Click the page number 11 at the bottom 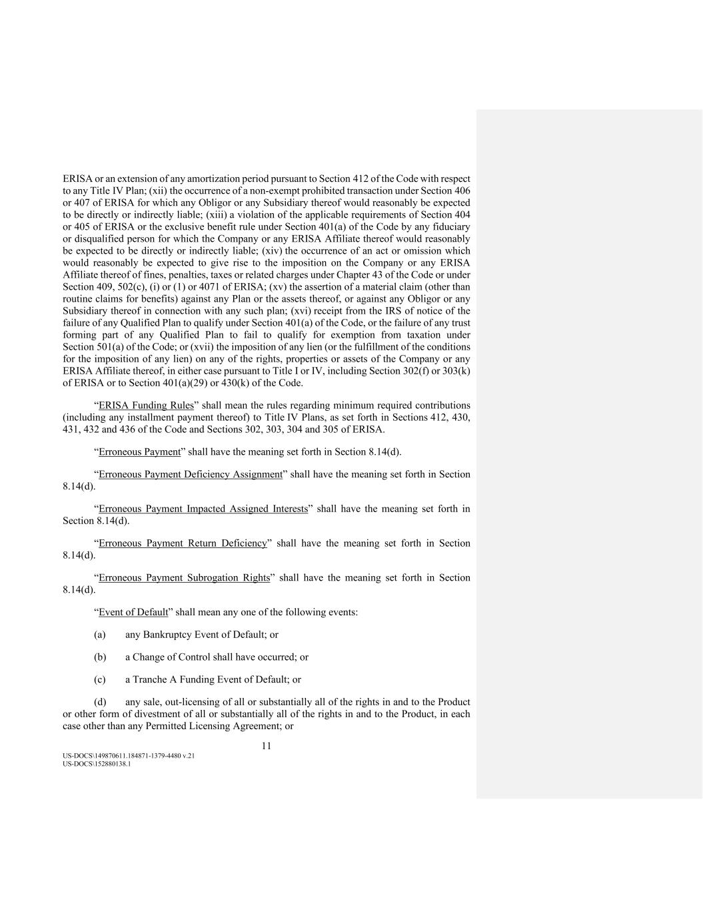(266, 746)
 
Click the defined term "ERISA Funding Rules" (146, 406)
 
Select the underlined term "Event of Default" (133, 612)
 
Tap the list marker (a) (100, 635)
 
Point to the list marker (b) (100, 657)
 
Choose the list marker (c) (100, 680)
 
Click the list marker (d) (100, 703)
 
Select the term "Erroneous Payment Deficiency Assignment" (191, 475)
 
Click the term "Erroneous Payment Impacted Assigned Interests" (203, 509)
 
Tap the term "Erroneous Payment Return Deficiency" (183, 544)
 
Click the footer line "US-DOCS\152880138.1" (97, 764)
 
